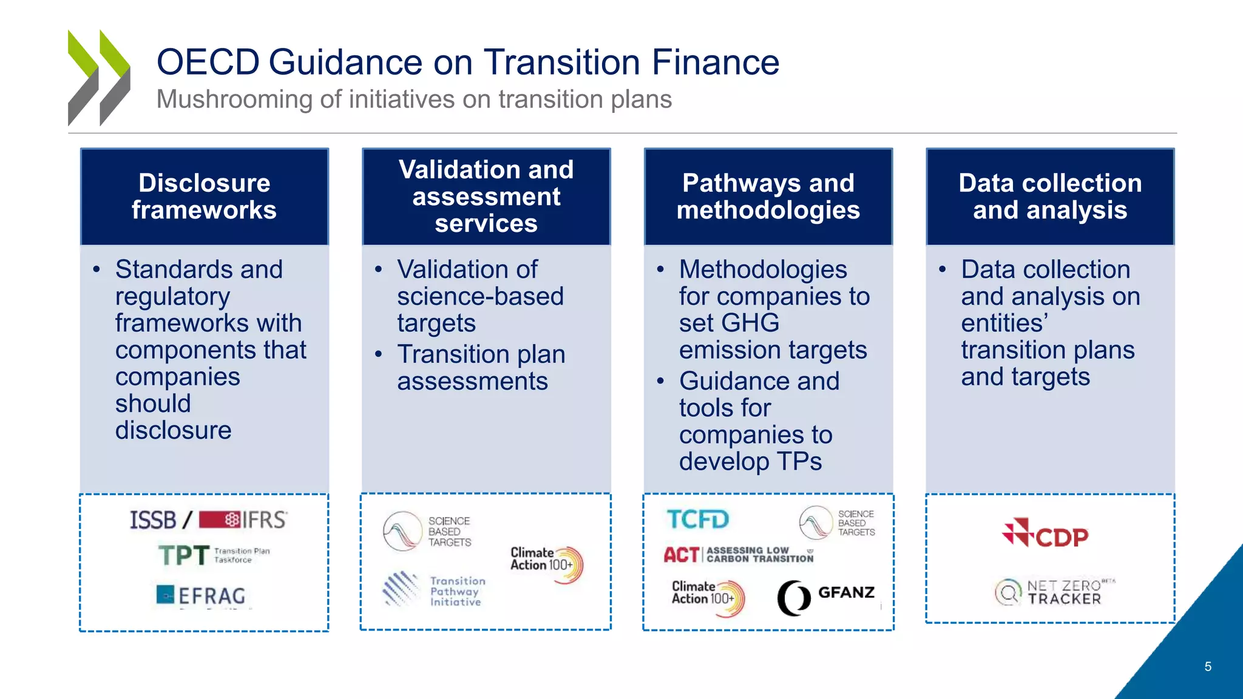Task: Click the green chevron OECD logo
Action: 99,78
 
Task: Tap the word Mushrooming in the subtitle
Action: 234,100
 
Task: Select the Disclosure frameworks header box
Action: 205,197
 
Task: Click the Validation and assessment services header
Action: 486,197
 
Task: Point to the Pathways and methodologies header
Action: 768,197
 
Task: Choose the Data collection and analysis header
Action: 1050,197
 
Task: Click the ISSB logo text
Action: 153,521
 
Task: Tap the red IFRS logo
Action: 243,520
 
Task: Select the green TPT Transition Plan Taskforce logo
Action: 212,555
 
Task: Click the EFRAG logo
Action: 202,596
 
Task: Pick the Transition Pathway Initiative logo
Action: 434,590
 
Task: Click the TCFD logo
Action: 697,519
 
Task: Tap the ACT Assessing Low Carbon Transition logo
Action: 737,555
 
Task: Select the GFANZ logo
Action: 826,596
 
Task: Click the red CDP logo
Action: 1045,534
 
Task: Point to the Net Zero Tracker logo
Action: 1055,592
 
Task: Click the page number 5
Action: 1208,667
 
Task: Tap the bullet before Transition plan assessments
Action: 379,354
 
